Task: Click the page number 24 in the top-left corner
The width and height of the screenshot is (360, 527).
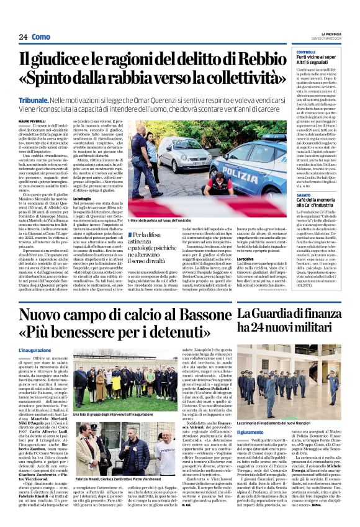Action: (23, 37)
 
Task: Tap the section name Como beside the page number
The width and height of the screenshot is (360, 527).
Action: (41, 37)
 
